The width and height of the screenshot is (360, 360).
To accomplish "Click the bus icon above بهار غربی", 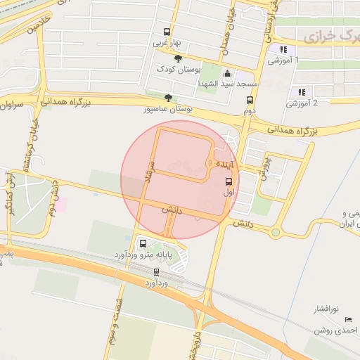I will pyautogui.click(x=167, y=32).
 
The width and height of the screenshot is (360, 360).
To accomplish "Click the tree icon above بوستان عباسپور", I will pyautogui.click(x=167, y=98).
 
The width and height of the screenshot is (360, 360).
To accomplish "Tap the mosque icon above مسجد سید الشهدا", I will pyautogui.click(x=226, y=72).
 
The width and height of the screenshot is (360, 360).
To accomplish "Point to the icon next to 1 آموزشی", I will pyautogui.click(x=283, y=49).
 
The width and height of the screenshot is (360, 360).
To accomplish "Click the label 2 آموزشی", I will pyautogui.click(x=302, y=103).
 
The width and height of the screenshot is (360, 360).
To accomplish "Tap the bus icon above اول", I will pyautogui.click(x=229, y=181).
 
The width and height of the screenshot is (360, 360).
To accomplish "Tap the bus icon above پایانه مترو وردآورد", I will pyautogui.click(x=143, y=243).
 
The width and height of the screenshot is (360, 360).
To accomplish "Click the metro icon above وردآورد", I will pyautogui.click(x=156, y=271).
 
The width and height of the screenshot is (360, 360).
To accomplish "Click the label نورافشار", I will pyautogui.click(x=326, y=309).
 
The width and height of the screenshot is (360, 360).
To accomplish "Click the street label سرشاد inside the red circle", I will pyautogui.click(x=150, y=172).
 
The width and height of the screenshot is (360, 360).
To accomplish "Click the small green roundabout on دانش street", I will pyautogui.click(x=276, y=232).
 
